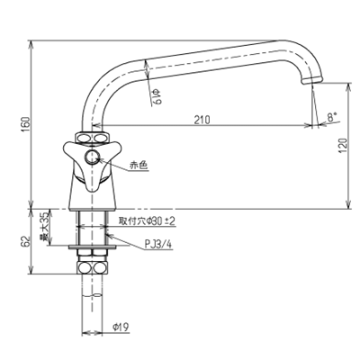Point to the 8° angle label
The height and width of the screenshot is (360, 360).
pyautogui.click(x=332, y=117)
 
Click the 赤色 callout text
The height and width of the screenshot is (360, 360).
pyautogui.click(x=139, y=166)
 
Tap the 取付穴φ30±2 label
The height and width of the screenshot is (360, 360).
pyautogui.click(x=148, y=220)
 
